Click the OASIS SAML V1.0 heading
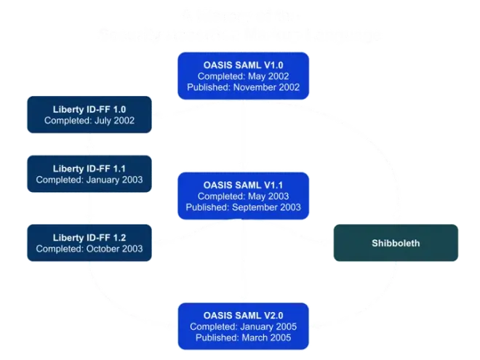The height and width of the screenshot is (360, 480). [244, 65]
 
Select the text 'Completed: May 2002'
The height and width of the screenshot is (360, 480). [244, 76]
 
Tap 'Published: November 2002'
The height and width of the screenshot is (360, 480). [244, 88]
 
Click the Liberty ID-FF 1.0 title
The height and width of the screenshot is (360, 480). [89, 109]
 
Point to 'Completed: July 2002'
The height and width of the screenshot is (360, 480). [89, 121]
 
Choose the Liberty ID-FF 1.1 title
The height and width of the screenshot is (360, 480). [89, 168]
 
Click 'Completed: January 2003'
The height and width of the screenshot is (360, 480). [89, 180]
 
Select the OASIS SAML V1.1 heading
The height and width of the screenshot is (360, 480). [244, 185]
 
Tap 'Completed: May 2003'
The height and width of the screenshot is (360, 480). [244, 196]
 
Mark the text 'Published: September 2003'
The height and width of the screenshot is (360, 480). [244, 208]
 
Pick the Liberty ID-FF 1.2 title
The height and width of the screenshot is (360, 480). [89, 237]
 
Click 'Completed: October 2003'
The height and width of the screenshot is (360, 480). [89, 249]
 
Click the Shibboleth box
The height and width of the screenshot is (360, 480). [396, 243]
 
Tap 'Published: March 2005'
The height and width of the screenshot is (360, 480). [244, 337]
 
